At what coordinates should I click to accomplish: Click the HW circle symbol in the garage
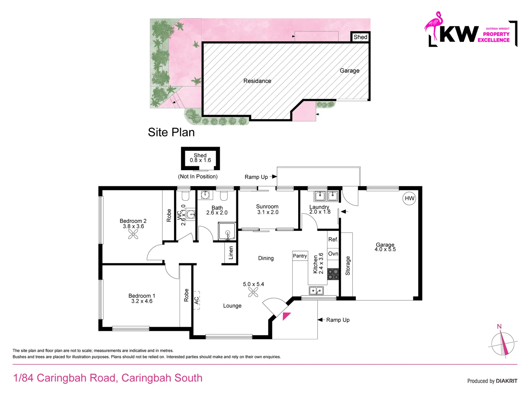pos(409,198)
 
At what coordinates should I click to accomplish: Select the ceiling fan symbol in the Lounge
pos(253,292)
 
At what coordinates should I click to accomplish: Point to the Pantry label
pos(300,256)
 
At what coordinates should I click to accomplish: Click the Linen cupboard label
pos(231,253)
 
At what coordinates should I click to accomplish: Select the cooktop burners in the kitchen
pos(333,274)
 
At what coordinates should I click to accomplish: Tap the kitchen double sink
pos(316,291)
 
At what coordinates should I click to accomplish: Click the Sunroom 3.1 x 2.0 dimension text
pos(268,212)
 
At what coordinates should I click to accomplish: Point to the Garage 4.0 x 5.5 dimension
pos(385,249)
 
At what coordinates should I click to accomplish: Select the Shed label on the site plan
pos(360,37)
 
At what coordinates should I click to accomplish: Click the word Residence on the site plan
pos(257,81)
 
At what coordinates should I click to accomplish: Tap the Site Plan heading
pos(171,132)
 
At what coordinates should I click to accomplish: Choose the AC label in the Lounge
pos(197,300)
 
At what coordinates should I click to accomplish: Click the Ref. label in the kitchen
pos(333,240)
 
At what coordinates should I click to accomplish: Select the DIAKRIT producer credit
pos(506,381)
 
